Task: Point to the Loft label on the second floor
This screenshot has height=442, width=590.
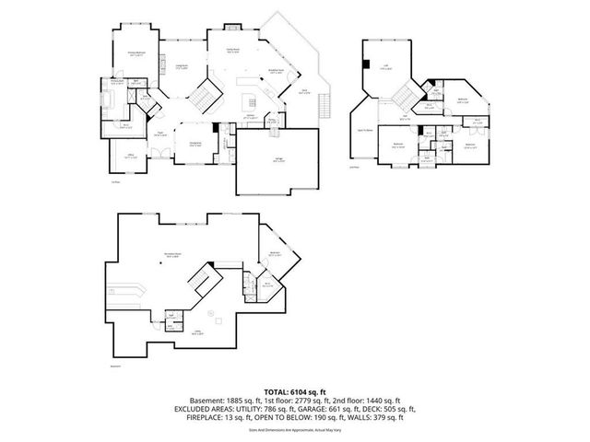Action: (x=384, y=78)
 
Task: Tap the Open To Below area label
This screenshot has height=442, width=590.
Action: (x=362, y=131)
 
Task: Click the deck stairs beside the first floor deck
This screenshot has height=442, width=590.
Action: (x=324, y=109)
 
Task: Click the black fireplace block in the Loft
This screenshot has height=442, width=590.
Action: (x=367, y=64)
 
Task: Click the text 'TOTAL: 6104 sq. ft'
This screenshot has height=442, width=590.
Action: (x=295, y=391)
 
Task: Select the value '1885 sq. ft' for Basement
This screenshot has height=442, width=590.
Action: (x=245, y=401)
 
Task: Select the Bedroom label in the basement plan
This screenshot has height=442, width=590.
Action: (x=274, y=253)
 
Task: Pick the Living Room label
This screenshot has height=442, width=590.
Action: (x=182, y=66)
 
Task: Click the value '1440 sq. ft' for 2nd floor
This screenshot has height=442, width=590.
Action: (x=380, y=401)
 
